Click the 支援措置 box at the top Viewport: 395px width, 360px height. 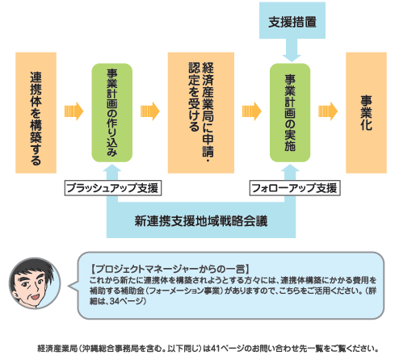[x=292, y=20]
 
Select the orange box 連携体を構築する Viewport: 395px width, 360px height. [x=36, y=113]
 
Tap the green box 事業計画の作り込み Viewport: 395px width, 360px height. [x=112, y=113]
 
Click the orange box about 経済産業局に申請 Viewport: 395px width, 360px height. [x=201, y=113]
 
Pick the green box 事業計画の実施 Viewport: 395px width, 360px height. [x=290, y=113]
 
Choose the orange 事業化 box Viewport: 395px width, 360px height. [x=366, y=113]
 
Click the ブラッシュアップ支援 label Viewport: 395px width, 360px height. [x=113, y=188]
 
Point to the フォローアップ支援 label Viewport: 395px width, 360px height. [x=295, y=188]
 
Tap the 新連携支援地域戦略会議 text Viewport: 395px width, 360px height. [x=201, y=221]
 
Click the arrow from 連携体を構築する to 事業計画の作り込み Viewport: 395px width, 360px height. [x=74, y=111]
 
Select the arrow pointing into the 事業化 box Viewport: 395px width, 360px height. [x=328, y=111]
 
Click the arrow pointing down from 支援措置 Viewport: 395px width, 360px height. [x=292, y=50]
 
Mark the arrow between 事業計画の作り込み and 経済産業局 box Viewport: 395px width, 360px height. [x=150, y=111]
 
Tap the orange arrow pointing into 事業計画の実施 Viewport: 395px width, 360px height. [x=252, y=111]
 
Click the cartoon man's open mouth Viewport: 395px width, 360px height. [x=35, y=297]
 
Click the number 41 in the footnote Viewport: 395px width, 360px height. [x=215, y=349]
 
